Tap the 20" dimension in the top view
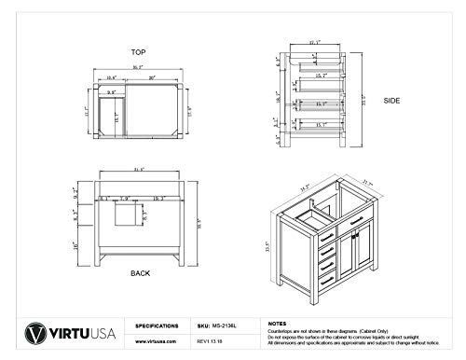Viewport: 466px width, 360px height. click(x=150, y=78)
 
